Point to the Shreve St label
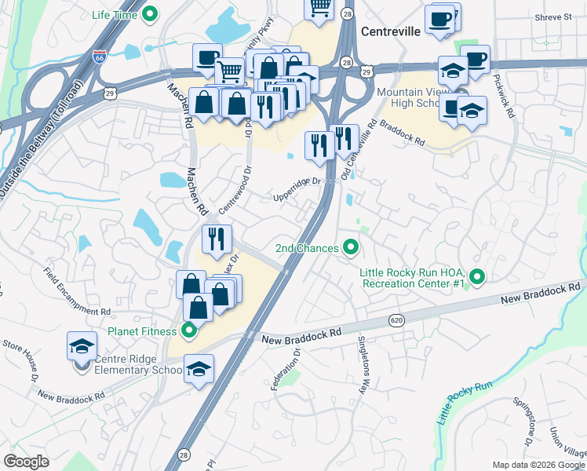(554, 16)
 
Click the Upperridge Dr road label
(297, 188)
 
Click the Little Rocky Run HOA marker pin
(477, 276)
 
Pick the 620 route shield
(396, 320)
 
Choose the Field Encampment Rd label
(78, 290)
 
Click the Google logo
(27, 462)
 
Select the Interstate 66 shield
(99, 57)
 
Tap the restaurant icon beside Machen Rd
(216, 239)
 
